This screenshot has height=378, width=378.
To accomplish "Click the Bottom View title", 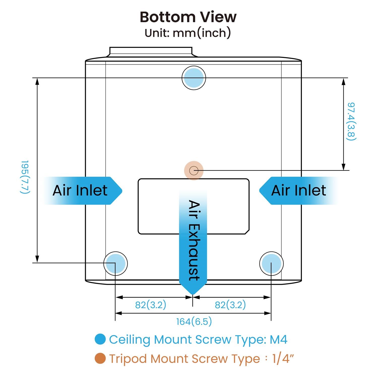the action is click(x=188, y=17).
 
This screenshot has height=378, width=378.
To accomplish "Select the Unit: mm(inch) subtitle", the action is click(x=188, y=33).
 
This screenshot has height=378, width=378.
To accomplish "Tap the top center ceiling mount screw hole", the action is click(x=194, y=78).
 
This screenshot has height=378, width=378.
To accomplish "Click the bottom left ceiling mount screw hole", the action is click(x=115, y=264).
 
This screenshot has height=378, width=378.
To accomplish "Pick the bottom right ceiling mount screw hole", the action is click(x=271, y=264).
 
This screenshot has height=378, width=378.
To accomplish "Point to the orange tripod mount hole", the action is click(x=194, y=171).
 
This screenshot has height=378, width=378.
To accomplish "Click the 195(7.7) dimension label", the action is click(x=25, y=177).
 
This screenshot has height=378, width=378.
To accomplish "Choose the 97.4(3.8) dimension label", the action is click(x=351, y=121).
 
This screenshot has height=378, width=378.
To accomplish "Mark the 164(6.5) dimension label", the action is click(x=194, y=322).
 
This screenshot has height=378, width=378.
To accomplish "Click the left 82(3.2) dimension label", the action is click(x=151, y=305).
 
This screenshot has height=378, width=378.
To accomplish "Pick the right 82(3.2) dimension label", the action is click(x=230, y=305).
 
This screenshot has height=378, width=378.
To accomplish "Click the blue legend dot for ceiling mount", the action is click(x=100, y=339).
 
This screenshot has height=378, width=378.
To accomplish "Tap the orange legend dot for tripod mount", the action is click(x=100, y=358).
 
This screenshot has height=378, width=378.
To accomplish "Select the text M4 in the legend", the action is click(x=278, y=339).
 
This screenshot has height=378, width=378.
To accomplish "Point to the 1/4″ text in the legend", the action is click(x=283, y=358).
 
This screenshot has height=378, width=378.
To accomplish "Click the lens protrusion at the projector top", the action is click(x=151, y=52).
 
